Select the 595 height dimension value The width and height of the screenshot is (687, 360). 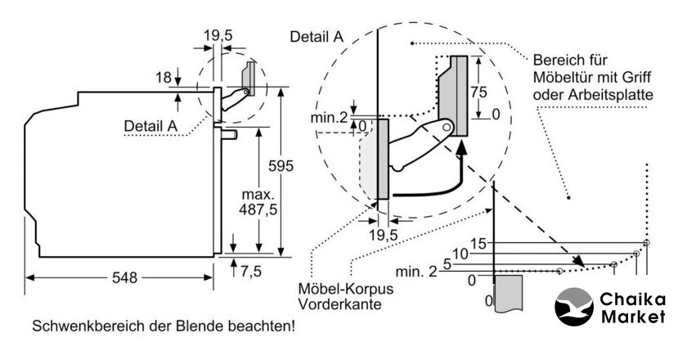(281, 167)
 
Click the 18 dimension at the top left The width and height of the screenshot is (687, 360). (163, 78)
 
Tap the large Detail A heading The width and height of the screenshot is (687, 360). (317, 37)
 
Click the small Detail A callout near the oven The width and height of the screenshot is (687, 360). (150, 125)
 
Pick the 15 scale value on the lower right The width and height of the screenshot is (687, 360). (478, 244)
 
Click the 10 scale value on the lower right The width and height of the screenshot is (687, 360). (460, 254)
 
